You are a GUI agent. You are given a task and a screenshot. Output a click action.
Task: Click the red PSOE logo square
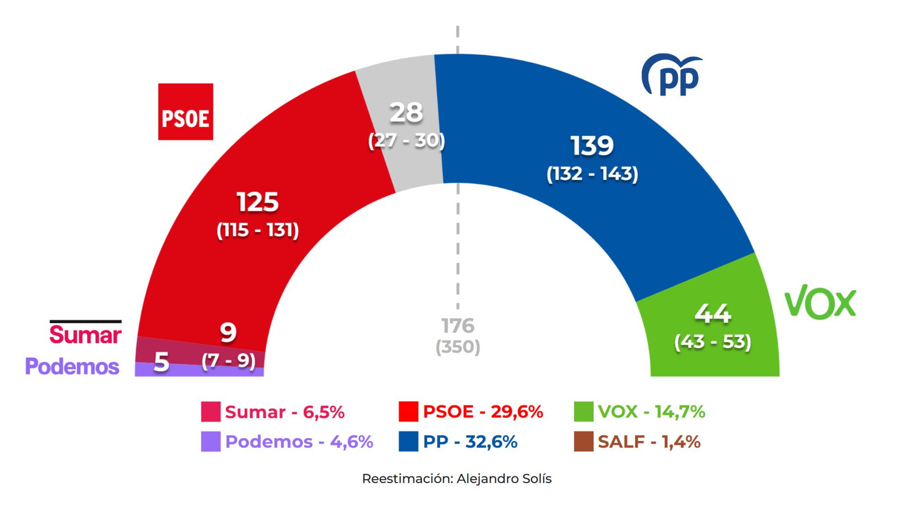click(x=185, y=111)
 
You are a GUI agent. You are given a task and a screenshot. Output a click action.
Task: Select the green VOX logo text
click(x=820, y=304)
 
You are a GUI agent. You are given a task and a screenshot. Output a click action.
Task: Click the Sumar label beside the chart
click(x=85, y=334)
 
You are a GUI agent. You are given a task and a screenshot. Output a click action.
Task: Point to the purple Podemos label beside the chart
click(x=72, y=366)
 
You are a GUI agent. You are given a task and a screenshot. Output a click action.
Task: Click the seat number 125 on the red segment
click(x=257, y=202)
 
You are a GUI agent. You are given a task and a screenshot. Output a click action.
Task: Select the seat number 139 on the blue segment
click(x=592, y=146)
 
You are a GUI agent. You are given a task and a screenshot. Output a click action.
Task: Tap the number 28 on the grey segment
click(x=406, y=112)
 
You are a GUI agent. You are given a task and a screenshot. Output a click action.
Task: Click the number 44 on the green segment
click(x=712, y=314)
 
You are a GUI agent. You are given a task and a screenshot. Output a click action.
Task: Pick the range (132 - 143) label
click(x=592, y=174)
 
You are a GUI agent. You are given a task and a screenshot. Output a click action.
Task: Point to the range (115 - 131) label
click(x=258, y=230)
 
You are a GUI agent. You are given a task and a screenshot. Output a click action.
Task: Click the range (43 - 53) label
click(x=712, y=342)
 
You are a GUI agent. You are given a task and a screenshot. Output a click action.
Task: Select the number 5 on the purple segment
click(x=161, y=363)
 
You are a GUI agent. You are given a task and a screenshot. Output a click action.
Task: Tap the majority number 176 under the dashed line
click(x=457, y=326)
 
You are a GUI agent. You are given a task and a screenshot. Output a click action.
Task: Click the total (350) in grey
click(x=457, y=347)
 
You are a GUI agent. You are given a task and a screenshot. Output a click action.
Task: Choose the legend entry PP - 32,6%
click(x=470, y=442)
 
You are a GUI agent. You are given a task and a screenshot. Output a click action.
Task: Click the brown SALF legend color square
click(x=583, y=442)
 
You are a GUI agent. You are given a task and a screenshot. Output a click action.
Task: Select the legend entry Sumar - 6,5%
click(x=284, y=412)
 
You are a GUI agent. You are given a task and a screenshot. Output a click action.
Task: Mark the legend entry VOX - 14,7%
click(x=651, y=412)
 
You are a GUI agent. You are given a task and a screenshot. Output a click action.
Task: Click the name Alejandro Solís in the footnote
click(x=504, y=479)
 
